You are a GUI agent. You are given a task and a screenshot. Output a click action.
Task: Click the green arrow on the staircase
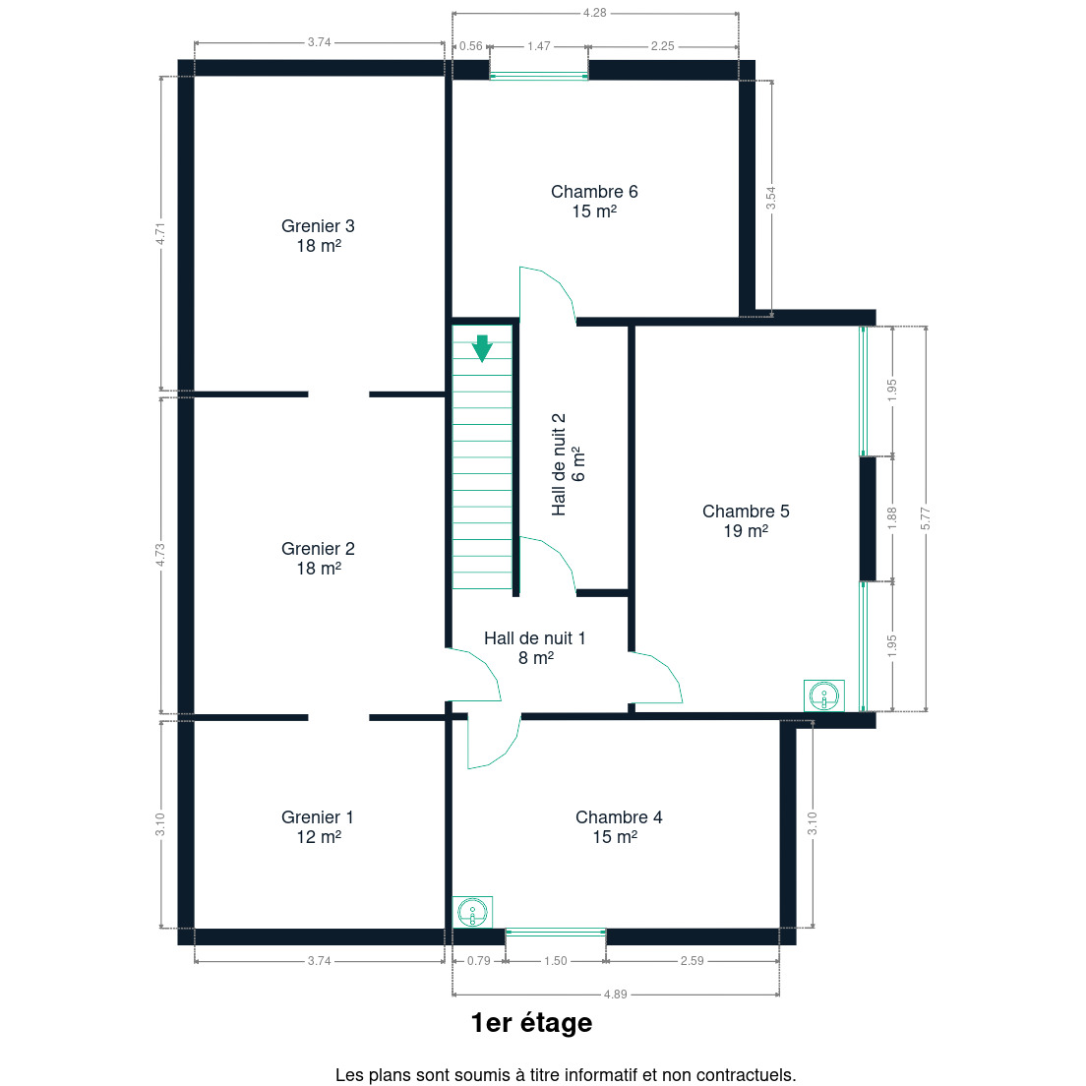pyautogui.click(x=482, y=347)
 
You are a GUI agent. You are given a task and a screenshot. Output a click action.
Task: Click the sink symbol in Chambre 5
pyautogui.click(x=824, y=695)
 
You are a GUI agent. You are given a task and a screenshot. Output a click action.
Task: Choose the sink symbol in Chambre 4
pyautogui.click(x=472, y=912)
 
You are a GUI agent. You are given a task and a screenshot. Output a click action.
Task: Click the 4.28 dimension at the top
pyautogui.click(x=594, y=13)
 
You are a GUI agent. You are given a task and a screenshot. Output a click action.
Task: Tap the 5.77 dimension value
pyautogui.click(x=926, y=518)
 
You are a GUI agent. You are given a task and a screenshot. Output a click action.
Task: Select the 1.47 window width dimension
pyautogui.click(x=539, y=46)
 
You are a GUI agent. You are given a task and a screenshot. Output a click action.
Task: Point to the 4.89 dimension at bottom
pyautogui.click(x=615, y=995)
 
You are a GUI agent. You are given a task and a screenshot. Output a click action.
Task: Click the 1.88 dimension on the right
pyautogui.click(x=892, y=518)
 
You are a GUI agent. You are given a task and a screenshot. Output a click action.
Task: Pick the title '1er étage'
pyautogui.click(x=532, y=1023)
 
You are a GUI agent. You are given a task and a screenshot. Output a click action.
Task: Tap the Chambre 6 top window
pyautogui.click(x=539, y=76)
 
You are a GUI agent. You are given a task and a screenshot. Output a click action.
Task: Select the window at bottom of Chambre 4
pyautogui.click(x=556, y=933)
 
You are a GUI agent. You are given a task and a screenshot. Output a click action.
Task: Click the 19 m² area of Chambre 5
pyautogui.click(x=746, y=531)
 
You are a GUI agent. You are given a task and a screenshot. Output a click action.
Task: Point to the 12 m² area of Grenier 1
pyautogui.click(x=319, y=837)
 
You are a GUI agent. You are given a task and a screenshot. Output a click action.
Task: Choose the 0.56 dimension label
pyautogui.click(x=471, y=46)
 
